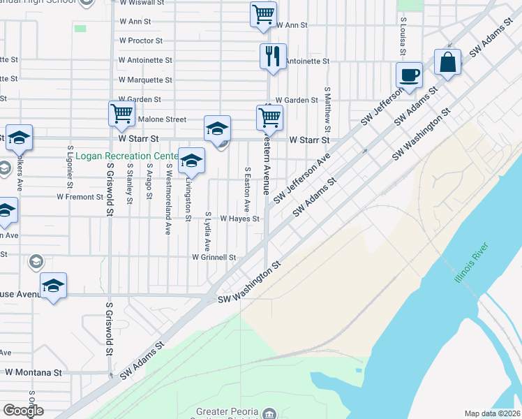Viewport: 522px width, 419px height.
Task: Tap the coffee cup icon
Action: (x=409, y=75)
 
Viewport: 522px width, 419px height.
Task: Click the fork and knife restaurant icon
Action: (x=273, y=56)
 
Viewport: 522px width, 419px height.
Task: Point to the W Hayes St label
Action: (x=239, y=219)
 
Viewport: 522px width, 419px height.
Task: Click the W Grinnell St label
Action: (x=214, y=257)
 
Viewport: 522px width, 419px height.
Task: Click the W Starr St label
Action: (x=309, y=140)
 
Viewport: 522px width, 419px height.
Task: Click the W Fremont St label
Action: (x=80, y=197)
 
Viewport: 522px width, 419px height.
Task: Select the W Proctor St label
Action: (x=140, y=41)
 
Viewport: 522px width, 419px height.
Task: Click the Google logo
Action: (x=23, y=411)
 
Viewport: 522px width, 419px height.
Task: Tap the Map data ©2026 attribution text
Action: (x=491, y=413)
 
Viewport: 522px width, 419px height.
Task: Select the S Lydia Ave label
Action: (x=207, y=231)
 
